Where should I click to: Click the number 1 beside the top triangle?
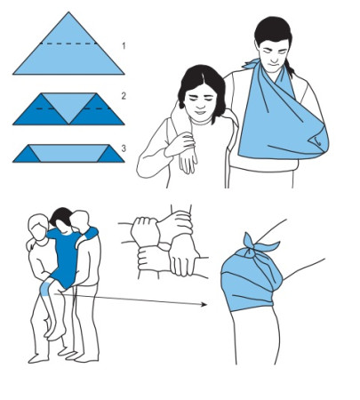coord(124,46)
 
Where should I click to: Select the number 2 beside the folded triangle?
coord(124,96)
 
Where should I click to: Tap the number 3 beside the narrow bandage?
coord(124,148)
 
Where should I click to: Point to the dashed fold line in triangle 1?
coord(68,44)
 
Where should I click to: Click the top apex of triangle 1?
coord(68,12)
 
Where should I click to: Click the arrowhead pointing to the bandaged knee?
coord(204,304)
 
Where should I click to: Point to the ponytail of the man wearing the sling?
coord(290,68)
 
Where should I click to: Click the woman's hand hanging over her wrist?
coord(188,162)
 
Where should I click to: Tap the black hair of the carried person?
coord(61,216)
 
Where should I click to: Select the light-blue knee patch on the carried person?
coord(44,289)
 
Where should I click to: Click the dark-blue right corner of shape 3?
coord(112,155)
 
